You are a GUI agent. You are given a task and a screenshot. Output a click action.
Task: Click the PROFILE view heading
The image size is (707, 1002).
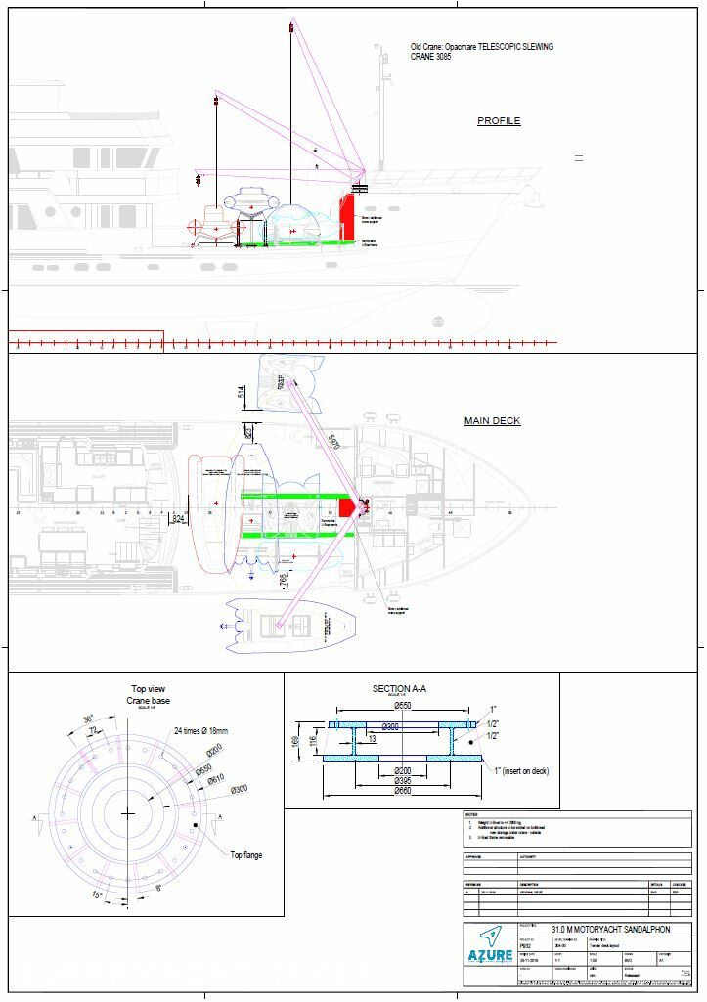click(499, 121)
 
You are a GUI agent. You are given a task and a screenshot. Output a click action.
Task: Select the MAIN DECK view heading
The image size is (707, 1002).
click(492, 421)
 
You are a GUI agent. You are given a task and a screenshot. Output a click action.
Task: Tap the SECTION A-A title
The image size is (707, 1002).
click(399, 689)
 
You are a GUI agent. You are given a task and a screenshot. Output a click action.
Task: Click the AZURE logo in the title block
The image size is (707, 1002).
click(490, 954)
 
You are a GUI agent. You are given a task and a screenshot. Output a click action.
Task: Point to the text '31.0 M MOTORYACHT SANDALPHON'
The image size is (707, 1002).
click(610, 929)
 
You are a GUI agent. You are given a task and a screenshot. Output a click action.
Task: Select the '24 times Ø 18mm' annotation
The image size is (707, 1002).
click(204, 730)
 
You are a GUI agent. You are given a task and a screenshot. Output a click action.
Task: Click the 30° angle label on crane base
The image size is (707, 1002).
click(88, 719)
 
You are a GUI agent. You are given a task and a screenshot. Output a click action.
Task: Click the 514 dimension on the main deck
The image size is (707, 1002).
click(241, 393)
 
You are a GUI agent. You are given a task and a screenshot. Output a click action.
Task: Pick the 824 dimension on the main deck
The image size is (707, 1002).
click(177, 518)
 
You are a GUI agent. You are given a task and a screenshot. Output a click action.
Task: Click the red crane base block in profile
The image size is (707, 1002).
click(345, 214)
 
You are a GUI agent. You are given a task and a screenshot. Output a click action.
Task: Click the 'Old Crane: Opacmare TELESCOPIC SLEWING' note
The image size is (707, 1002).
click(481, 47)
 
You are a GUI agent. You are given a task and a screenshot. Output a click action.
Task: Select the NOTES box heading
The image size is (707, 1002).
click(471, 814)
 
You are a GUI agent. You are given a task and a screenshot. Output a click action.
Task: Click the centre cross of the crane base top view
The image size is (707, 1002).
click(128, 813)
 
